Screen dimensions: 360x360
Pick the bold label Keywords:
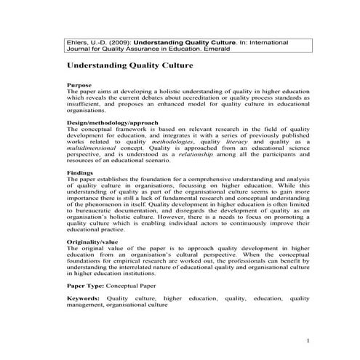click(83, 298)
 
